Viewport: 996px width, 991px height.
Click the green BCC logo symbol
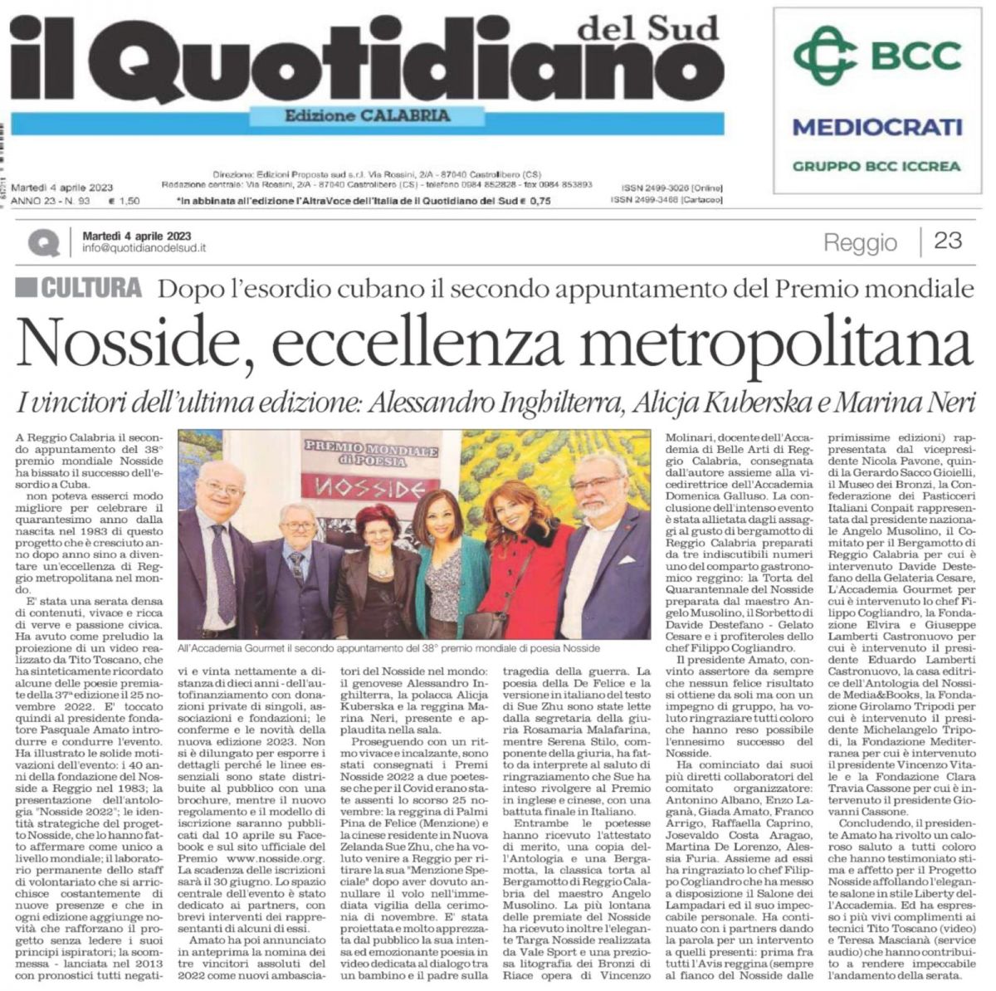824,55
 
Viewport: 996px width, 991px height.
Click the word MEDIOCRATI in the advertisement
876,127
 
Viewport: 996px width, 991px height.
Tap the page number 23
947,241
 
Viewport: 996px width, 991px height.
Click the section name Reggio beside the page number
860,242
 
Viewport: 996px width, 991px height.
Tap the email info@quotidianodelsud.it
144,247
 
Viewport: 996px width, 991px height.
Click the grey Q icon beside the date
43,242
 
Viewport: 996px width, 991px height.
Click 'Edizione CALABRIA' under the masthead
367,116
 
